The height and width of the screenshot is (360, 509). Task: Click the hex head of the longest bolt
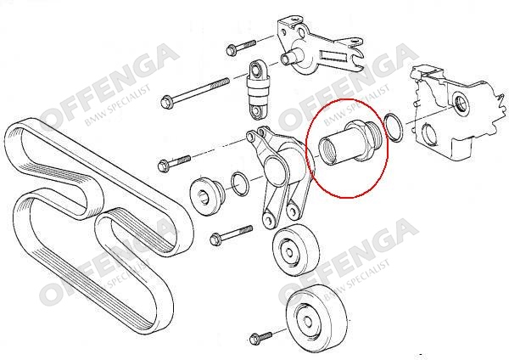tap(166, 102)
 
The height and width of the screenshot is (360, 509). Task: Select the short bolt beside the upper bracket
tap(241, 47)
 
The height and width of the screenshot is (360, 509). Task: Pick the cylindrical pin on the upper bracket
tap(291, 57)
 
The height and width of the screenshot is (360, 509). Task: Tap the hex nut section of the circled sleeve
tap(360, 140)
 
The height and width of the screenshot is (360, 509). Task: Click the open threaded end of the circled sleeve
tap(327, 152)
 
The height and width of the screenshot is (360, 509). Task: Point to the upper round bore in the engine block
tap(460, 103)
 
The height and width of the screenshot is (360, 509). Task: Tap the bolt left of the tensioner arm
tap(174, 163)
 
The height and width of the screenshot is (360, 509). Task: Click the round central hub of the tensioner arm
tap(275, 169)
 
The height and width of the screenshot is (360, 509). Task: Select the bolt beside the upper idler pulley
tap(231, 235)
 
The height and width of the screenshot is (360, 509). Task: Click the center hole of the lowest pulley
tap(306, 321)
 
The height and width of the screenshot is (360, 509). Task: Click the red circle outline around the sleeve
tap(389, 146)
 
